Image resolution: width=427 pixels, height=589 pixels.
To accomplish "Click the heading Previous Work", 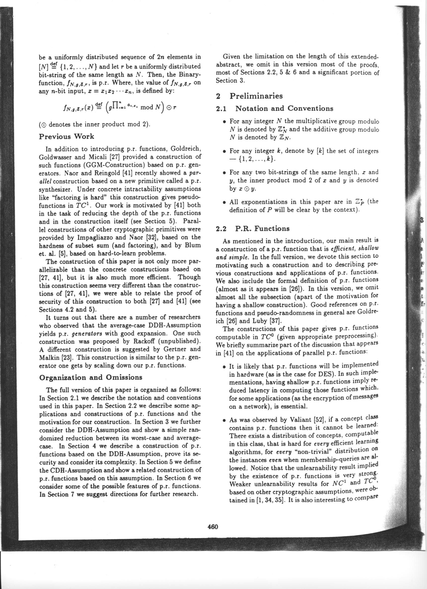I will tap(66, 136).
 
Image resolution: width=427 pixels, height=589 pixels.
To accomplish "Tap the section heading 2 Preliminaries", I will tap(249, 96).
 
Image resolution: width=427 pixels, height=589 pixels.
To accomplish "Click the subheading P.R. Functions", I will tap(262, 229).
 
